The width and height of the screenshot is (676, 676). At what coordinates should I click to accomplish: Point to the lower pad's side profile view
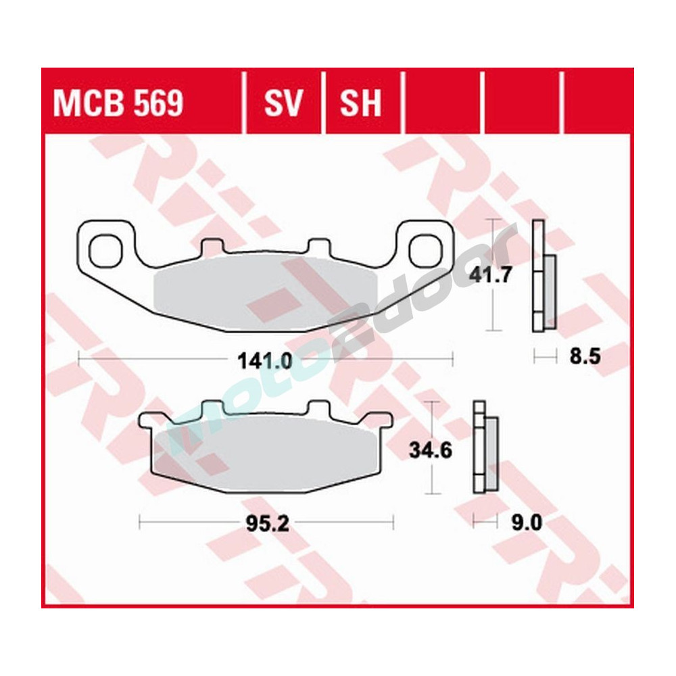point(485,450)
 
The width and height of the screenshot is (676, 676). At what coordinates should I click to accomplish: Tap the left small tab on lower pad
point(212,408)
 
